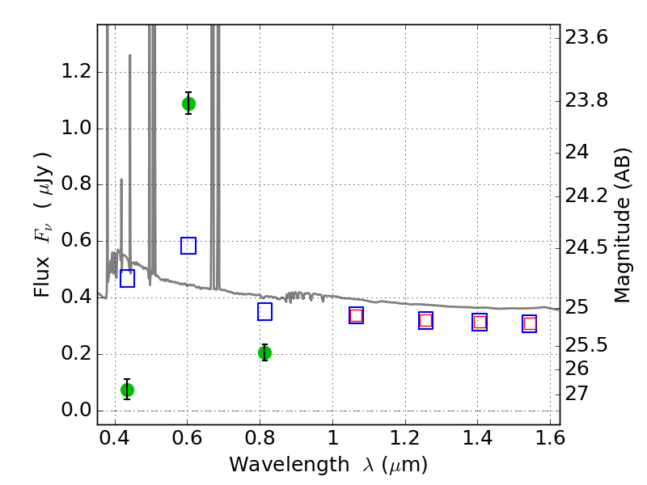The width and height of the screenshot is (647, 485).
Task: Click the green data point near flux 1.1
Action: [x=188, y=104]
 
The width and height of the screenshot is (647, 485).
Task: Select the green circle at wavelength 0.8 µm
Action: [x=264, y=353]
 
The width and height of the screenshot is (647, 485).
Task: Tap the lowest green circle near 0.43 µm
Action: [x=127, y=390]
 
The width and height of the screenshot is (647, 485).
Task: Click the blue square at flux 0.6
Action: [x=188, y=246]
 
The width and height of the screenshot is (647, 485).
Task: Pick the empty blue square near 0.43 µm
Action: [x=127, y=278]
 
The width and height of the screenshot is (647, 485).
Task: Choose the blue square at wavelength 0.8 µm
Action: [x=264, y=312]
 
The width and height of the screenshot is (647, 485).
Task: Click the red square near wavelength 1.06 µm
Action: [x=356, y=315]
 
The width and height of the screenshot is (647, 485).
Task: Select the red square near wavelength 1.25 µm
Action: [x=425, y=320]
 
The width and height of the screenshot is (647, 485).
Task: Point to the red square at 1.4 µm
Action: [x=480, y=322]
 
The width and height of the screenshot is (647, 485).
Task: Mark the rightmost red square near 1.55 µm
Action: [x=530, y=324]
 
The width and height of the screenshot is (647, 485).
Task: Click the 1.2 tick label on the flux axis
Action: [x=76, y=71]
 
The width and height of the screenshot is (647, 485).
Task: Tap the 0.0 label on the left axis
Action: [x=76, y=410]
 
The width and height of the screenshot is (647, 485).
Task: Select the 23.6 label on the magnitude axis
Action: [x=586, y=37]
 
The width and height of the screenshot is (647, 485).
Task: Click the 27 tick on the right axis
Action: [x=576, y=394]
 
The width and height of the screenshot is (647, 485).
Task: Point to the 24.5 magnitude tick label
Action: [x=586, y=247]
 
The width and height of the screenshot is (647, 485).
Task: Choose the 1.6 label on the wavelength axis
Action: [x=550, y=438]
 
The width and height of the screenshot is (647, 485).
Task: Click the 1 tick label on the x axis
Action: [x=332, y=438]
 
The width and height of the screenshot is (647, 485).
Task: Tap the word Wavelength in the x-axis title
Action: [x=290, y=465]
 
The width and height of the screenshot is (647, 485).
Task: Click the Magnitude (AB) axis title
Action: [x=623, y=226]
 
